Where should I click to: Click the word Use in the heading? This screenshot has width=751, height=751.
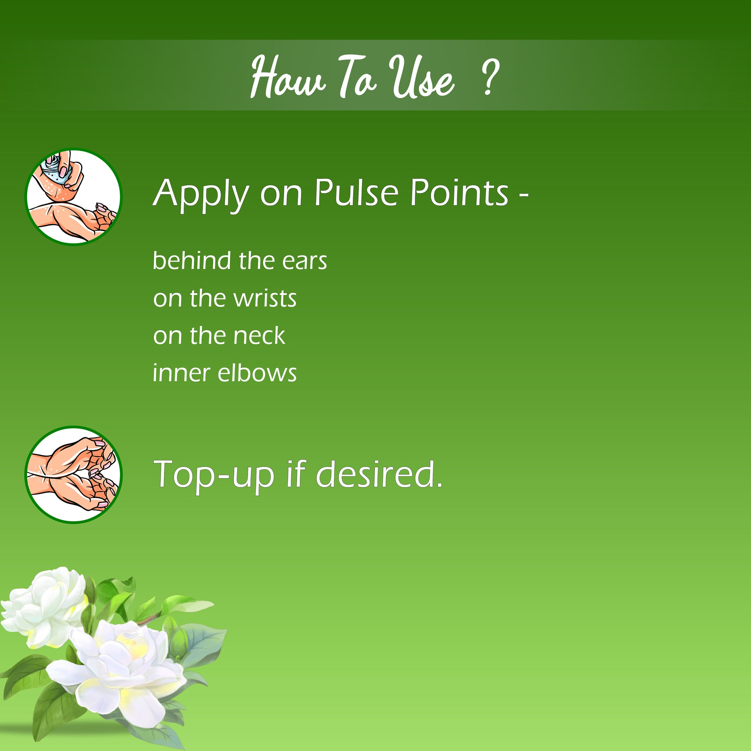pos(421,76)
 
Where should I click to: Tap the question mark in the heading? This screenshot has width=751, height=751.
pos(490,77)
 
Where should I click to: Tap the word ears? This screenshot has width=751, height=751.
pos(304,261)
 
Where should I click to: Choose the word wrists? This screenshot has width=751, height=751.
pos(265,298)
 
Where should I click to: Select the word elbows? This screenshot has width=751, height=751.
pos(257,373)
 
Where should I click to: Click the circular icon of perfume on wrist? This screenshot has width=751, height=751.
pos(73,197)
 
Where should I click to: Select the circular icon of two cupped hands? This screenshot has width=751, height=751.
pos(73,475)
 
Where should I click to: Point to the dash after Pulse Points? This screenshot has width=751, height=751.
pos(524,196)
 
